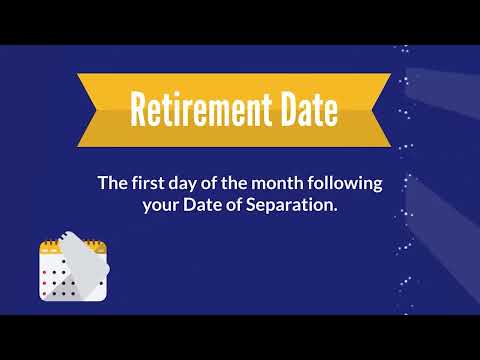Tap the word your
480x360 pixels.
[x=147, y=207]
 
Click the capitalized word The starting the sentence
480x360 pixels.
[x=110, y=184]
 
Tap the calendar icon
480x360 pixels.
[x=70, y=270]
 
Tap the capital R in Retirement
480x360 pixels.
[x=139, y=109]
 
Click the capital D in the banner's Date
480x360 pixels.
[x=284, y=109]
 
